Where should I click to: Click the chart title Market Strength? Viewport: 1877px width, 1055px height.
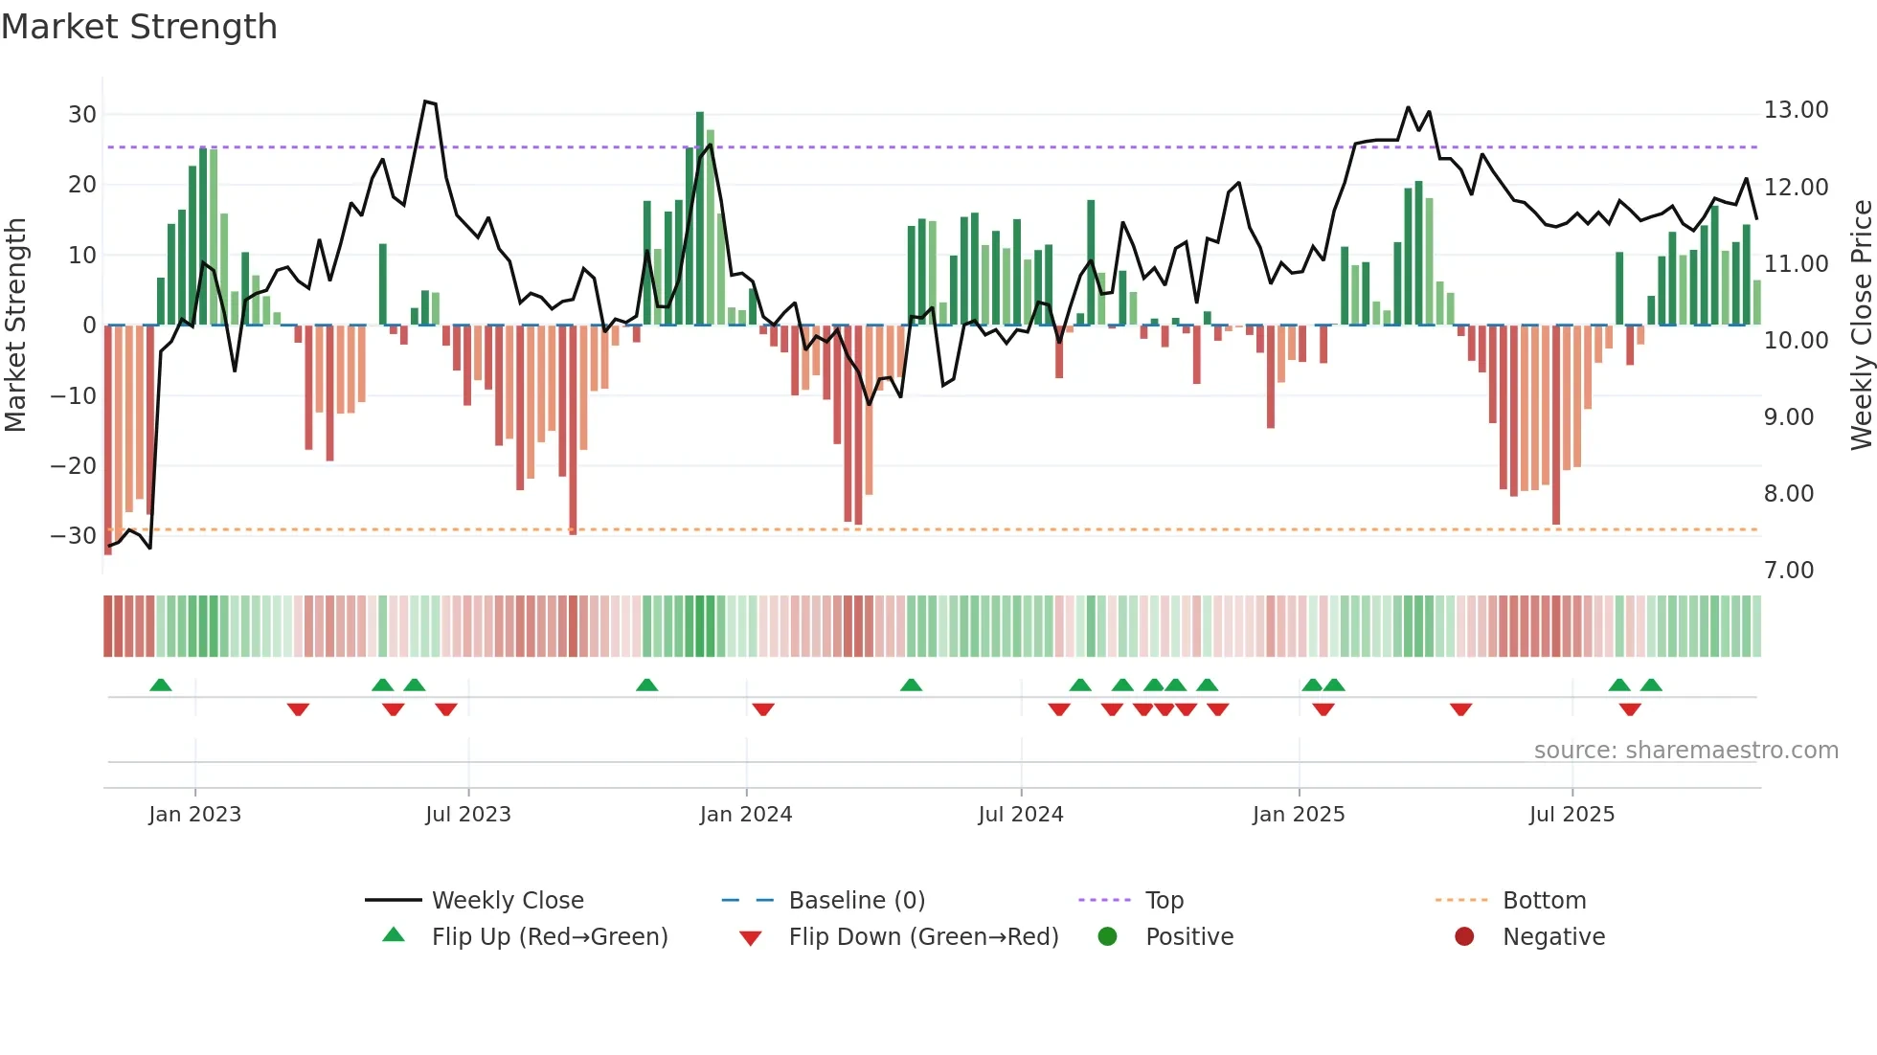click(x=139, y=27)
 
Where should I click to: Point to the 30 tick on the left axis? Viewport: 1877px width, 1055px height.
click(x=82, y=115)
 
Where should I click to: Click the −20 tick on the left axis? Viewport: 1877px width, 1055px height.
click(x=74, y=466)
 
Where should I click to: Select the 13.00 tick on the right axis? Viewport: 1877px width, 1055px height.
click(x=1796, y=110)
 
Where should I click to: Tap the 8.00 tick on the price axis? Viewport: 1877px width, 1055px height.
click(x=1788, y=494)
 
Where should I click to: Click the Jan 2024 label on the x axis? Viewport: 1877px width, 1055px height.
click(x=745, y=815)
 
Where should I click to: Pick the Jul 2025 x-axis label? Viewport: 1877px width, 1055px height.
click(x=1571, y=815)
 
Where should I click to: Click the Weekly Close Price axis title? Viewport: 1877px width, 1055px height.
click(x=1861, y=325)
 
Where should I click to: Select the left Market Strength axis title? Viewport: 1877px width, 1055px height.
click(x=15, y=325)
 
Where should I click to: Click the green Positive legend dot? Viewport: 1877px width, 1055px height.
click(x=1107, y=937)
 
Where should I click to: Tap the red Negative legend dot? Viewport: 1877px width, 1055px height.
click(x=1463, y=937)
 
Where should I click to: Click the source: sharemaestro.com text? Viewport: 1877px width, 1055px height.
click(x=1685, y=751)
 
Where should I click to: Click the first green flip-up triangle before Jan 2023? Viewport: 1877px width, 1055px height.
click(x=161, y=685)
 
